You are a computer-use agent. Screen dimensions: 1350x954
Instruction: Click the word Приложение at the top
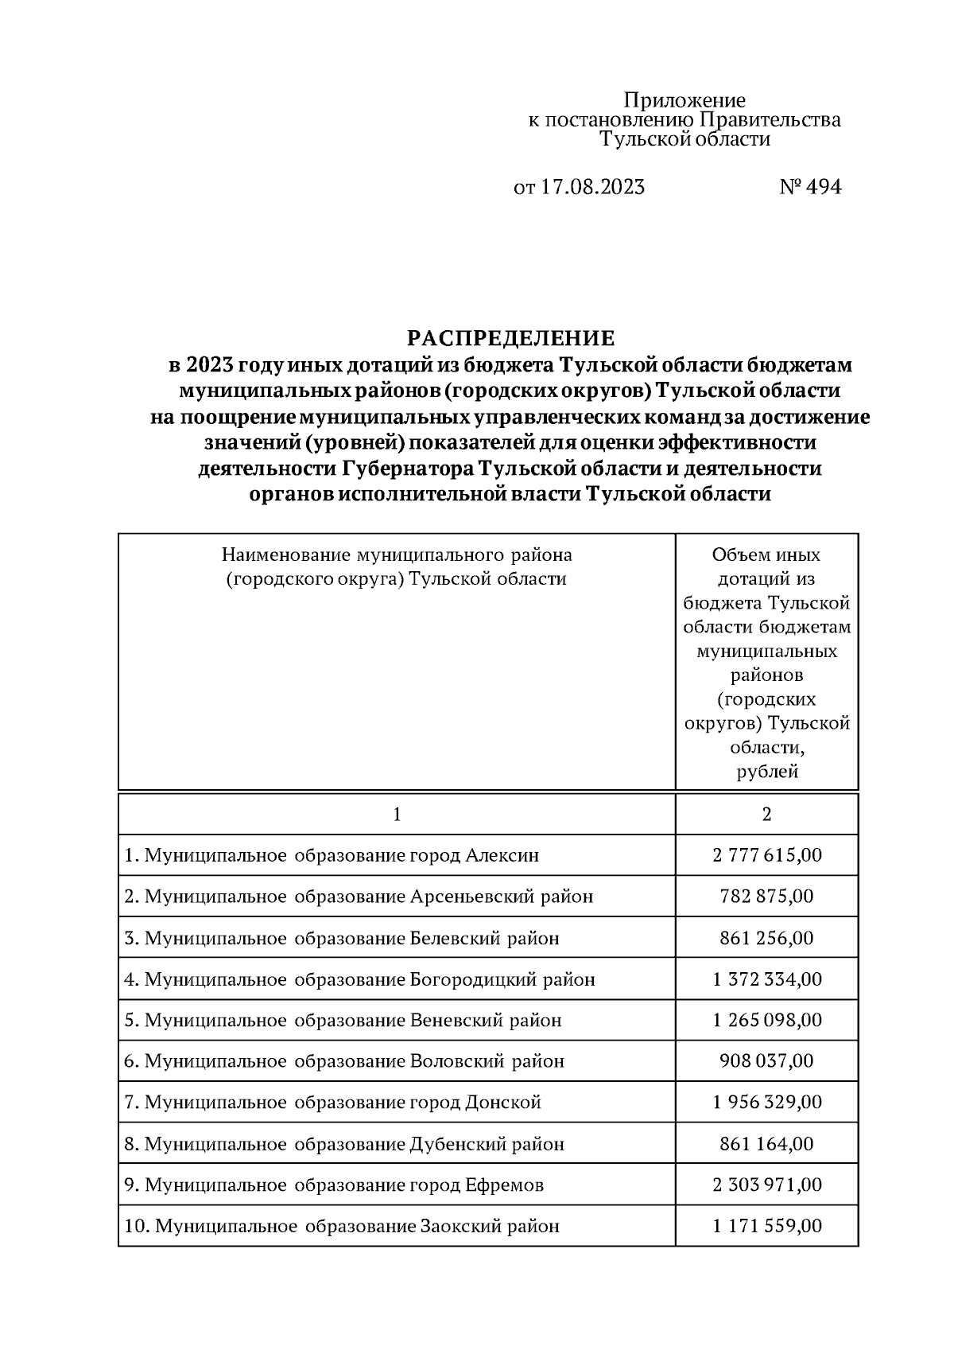click(684, 100)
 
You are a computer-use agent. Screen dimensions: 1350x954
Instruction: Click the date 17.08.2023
click(592, 187)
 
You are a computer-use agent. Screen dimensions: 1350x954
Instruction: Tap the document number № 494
click(809, 187)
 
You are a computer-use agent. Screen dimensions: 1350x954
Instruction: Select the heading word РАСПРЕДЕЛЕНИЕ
click(510, 339)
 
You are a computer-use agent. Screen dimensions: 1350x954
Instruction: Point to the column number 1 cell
click(397, 814)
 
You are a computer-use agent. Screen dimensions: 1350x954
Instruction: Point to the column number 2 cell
click(766, 814)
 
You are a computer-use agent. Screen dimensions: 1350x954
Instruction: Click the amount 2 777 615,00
click(766, 855)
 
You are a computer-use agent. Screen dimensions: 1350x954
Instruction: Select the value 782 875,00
click(766, 897)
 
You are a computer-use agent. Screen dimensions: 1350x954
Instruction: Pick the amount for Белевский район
click(766, 938)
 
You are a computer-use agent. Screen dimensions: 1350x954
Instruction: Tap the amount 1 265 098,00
click(766, 1020)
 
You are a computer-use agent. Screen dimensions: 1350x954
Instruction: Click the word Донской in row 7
click(503, 1103)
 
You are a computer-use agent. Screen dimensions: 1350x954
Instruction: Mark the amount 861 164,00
click(766, 1144)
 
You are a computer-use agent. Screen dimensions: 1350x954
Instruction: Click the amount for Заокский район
click(766, 1226)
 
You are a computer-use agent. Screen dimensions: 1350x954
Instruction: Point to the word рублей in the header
click(766, 771)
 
